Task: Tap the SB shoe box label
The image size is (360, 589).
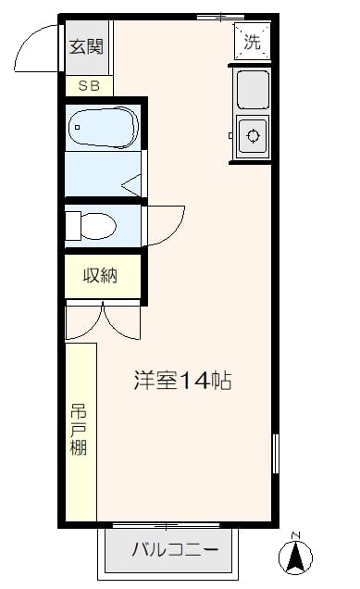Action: pos(89,86)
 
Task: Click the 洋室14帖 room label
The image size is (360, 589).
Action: pos(181,380)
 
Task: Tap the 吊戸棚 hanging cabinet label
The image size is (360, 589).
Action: pos(80,431)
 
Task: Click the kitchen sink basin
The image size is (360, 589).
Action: pos(252,89)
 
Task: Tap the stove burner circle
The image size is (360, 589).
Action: pos(252,136)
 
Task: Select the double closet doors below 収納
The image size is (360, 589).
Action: pos(102,320)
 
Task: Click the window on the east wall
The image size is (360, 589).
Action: pos(275,454)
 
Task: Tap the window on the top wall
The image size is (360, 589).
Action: pos(221,16)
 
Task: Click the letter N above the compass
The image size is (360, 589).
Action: pos(295,535)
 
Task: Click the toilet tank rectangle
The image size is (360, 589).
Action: pos(73,224)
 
